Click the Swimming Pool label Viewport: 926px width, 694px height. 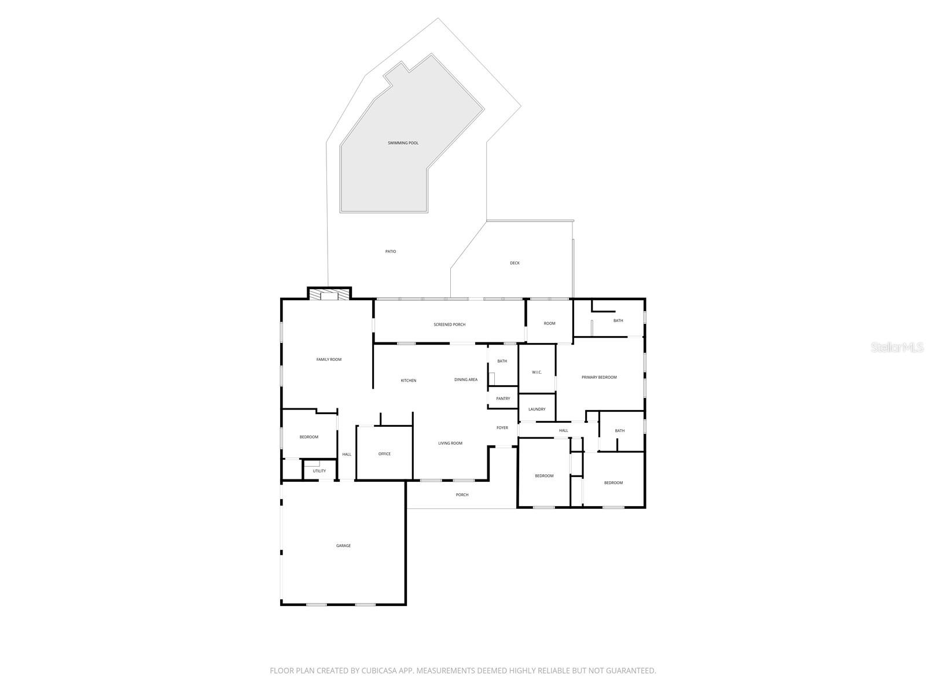tap(403, 143)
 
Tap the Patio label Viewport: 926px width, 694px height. tap(391, 252)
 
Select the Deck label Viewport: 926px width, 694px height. tap(515, 263)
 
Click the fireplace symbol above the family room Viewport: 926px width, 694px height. tap(329, 296)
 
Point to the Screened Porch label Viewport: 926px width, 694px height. tap(449, 324)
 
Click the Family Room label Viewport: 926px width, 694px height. tap(329, 360)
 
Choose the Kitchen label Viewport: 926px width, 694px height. tap(409, 381)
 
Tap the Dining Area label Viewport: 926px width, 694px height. tap(466, 380)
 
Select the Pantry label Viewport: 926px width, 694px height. tap(503, 398)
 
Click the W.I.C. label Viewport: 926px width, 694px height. tap(537, 372)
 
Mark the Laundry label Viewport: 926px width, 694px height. tap(537, 409)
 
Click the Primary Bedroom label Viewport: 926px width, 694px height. tap(599, 377)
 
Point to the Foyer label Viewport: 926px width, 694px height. tap(502, 428)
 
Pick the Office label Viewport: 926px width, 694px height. tap(384, 454)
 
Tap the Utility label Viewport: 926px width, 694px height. tap(319, 471)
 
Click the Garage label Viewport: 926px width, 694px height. tap(343, 546)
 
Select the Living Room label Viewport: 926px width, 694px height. tap(450, 444)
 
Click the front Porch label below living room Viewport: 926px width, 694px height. tap(462, 495)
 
